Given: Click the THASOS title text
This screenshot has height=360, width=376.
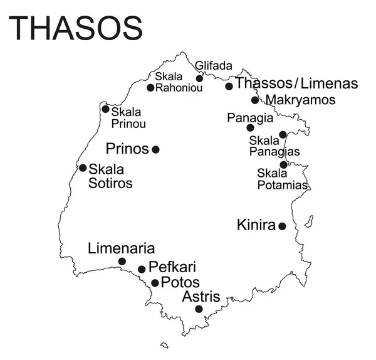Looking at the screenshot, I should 76,28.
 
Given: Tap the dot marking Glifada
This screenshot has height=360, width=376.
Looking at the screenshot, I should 199,78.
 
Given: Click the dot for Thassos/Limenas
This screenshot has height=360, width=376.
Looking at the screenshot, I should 229,86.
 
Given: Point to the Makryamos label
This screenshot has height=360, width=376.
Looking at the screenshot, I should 300,100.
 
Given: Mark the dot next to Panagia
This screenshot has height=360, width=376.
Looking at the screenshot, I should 250,128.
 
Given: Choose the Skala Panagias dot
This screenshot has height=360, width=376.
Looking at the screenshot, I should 283,134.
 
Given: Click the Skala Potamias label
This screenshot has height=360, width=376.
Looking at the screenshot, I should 282,179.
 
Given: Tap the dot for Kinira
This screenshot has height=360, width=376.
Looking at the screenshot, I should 282,226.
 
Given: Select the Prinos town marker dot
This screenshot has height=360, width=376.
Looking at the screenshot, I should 155,149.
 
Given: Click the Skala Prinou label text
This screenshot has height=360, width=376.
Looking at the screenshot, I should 128,118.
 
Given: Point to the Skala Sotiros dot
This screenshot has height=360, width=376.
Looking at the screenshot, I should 83,167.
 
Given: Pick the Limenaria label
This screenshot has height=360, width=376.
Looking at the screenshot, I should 122,248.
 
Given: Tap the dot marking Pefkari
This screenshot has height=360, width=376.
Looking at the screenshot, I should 142,269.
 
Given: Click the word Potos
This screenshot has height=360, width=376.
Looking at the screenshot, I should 180,282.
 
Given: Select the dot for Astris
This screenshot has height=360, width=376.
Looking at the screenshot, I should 199,309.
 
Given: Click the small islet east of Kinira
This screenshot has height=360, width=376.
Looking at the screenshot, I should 308,221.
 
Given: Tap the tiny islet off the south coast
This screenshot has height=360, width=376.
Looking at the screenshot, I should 164,344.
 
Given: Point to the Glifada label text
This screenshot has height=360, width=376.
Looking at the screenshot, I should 214,65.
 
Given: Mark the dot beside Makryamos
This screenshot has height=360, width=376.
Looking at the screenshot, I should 255,100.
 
